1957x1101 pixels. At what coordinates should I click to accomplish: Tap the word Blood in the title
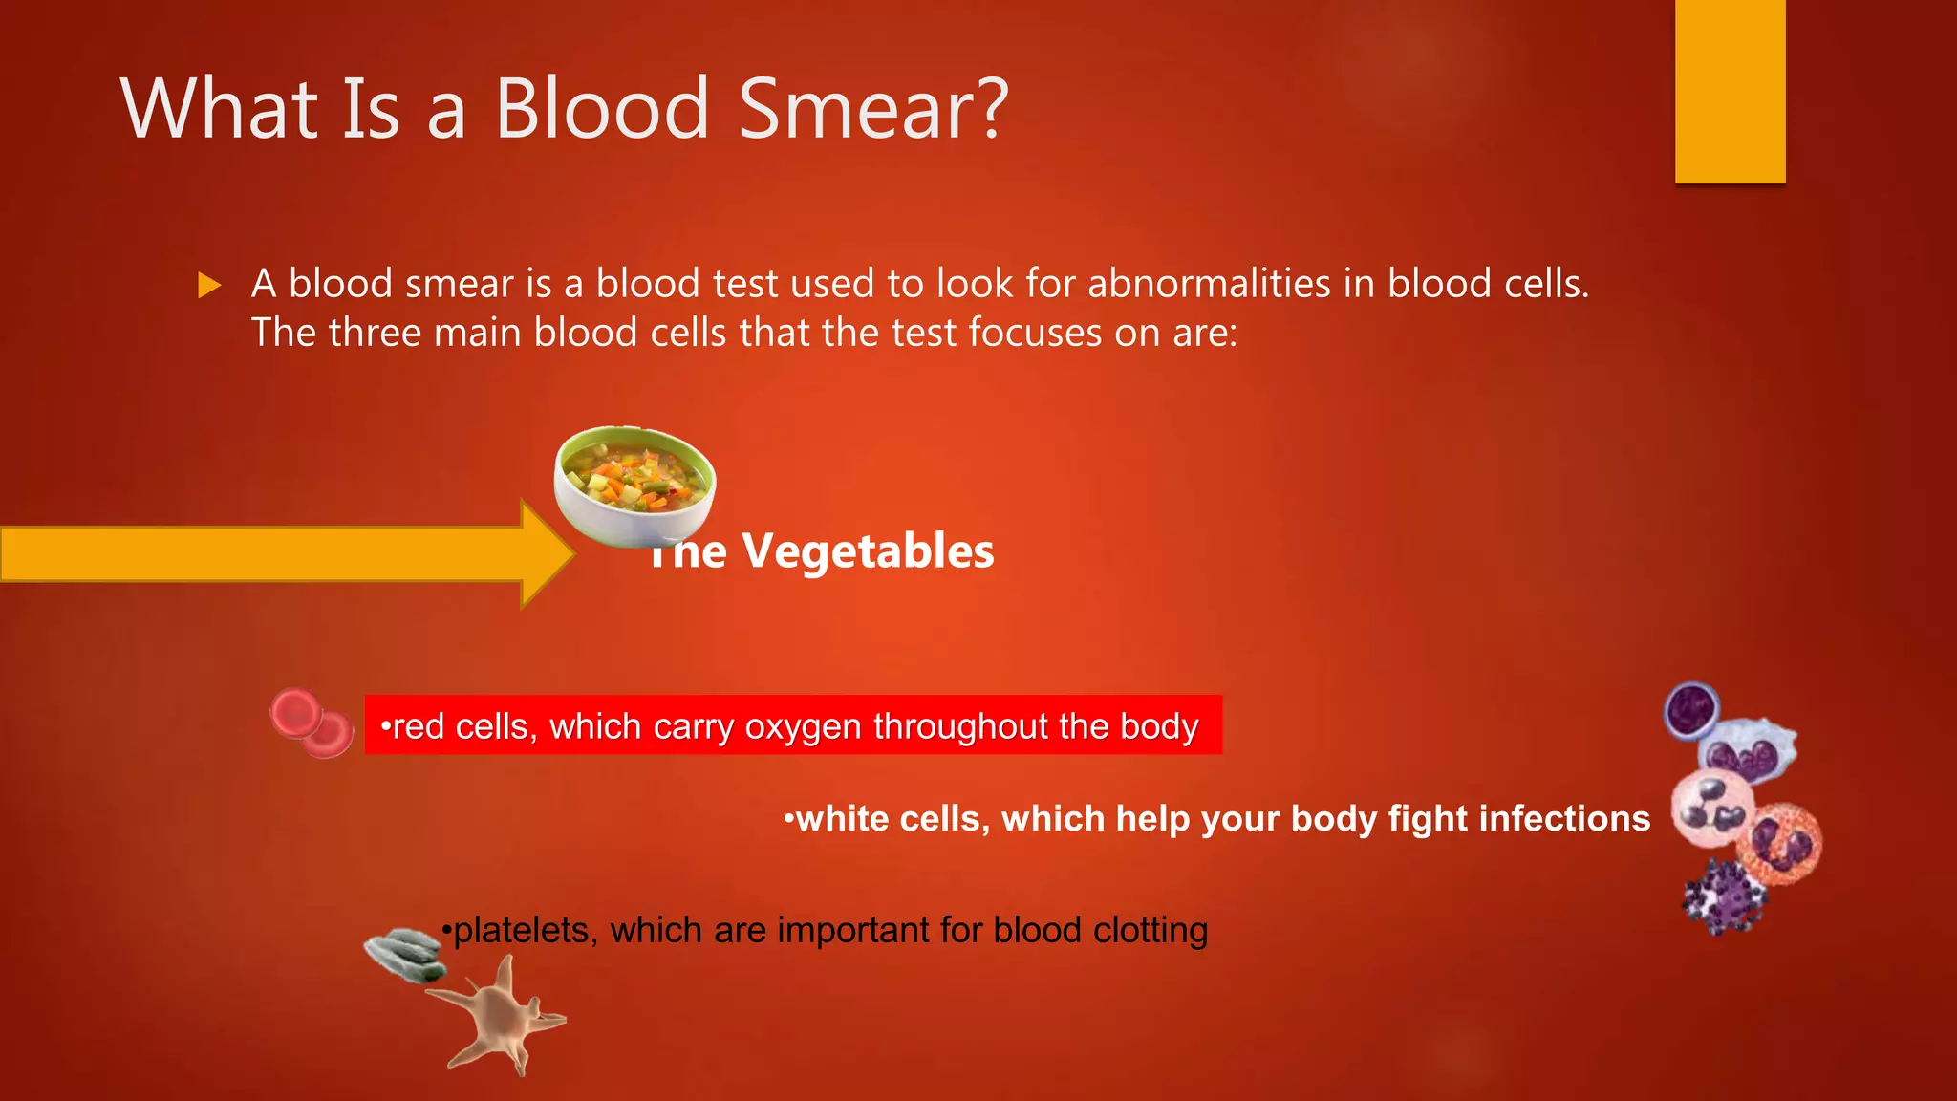(602, 110)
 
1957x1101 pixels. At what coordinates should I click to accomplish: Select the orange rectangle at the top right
(1730, 91)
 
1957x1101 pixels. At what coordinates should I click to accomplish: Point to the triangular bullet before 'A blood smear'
(208, 285)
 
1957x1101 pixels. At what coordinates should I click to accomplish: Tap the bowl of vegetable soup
(634, 486)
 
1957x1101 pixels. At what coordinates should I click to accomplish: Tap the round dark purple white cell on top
(1691, 710)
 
